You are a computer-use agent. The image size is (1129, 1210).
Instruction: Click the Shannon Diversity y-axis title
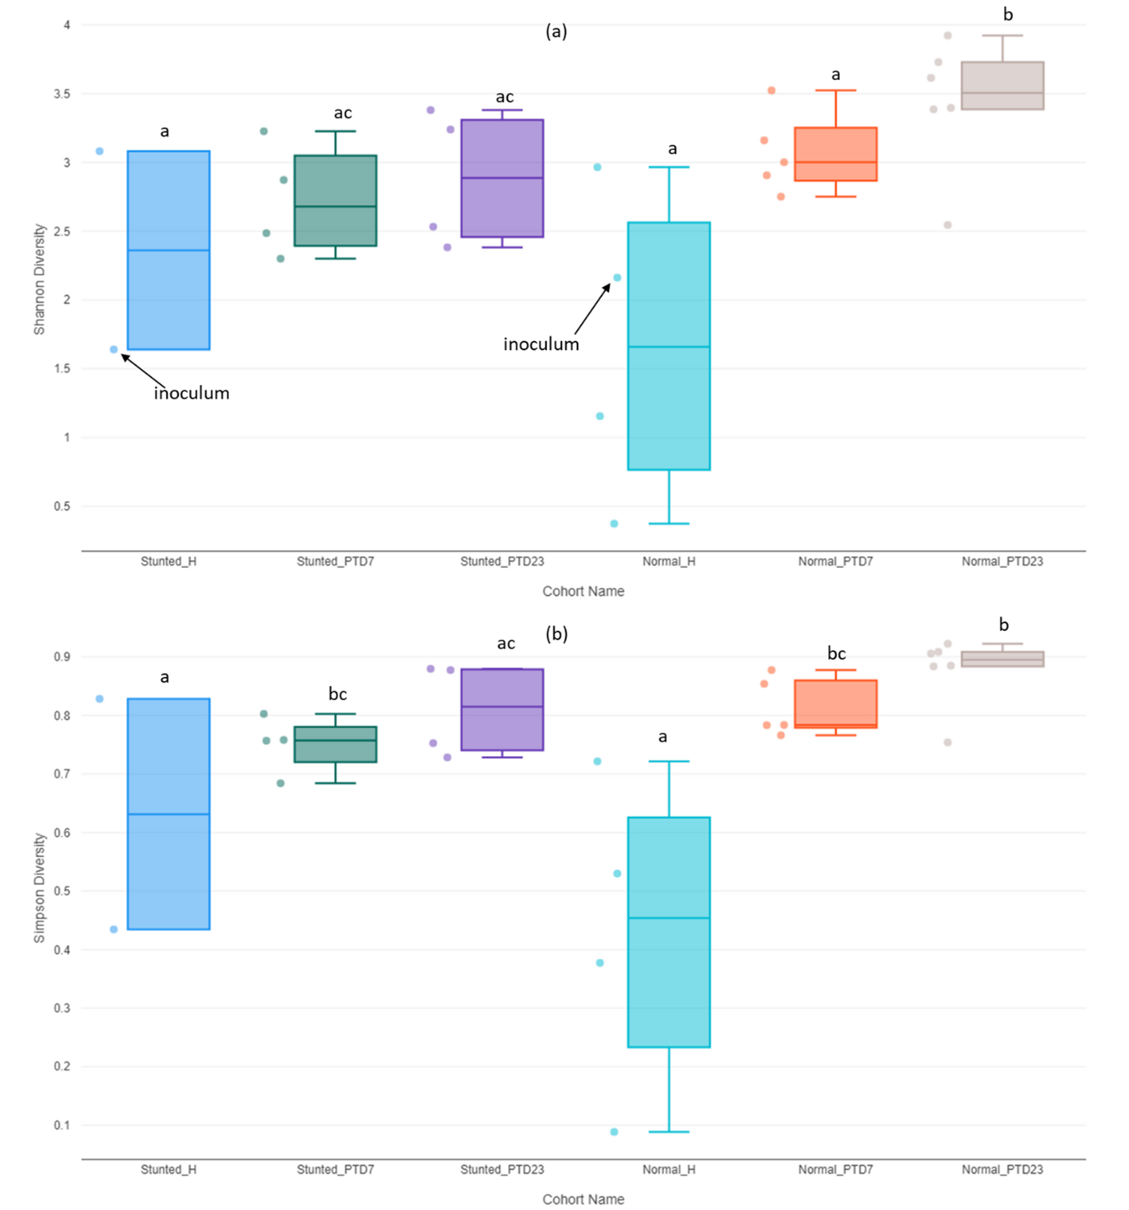click(x=39, y=279)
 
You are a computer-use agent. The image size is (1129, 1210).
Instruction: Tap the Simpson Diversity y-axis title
click(x=39, y=888)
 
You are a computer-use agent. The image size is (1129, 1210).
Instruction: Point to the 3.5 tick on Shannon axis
click(x=61, y=94)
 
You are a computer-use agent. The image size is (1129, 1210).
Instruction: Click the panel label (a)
click(x=556, y=31)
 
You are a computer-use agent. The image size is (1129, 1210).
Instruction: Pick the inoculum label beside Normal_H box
click(x=541, y=345)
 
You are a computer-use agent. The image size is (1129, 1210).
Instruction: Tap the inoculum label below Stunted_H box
click(x=191, y=393)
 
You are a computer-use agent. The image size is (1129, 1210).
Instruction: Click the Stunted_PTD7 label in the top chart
click(x=335, y=561)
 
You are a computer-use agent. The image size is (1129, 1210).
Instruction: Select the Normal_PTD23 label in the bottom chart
click(x=1002, y=1169)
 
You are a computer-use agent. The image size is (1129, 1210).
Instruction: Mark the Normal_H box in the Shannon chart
click(x=669, y=346)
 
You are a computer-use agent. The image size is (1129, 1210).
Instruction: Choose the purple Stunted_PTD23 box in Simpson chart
click(x=502, y=710)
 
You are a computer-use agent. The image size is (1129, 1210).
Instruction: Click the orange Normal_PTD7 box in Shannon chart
click(x=836, y=154)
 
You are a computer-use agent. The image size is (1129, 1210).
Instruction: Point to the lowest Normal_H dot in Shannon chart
click(x=614, y=523)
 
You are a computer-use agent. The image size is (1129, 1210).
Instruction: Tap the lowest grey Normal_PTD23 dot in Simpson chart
click(x=947, y=742)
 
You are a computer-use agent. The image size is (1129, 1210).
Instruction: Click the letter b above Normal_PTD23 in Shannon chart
click(x=1008, y=15)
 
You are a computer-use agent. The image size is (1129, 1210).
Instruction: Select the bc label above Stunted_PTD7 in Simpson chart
click(x=337, y=694)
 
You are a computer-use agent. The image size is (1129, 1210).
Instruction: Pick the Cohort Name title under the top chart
click(x=582, y=591)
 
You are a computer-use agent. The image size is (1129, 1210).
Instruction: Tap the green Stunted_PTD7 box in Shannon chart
click(x=335, y=201)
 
